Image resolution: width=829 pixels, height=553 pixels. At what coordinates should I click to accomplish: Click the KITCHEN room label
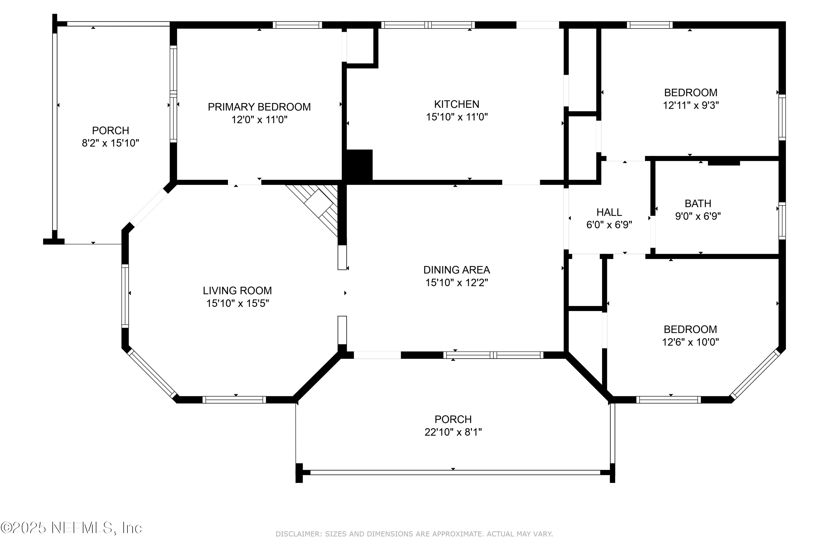point(457,105)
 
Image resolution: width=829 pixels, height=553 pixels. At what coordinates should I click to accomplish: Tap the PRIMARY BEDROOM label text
point(259,107)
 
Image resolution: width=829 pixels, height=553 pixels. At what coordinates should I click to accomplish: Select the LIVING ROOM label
point(237,291)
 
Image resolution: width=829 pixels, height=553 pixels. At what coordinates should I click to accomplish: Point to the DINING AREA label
point(457,270)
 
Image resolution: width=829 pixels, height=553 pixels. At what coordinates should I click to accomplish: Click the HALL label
point(609,212)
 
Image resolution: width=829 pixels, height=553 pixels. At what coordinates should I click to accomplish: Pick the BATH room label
point(698,204)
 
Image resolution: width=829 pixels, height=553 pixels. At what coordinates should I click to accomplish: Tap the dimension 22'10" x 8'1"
point(453,432)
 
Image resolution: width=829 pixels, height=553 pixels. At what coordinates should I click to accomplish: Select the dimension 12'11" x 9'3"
point(691,105)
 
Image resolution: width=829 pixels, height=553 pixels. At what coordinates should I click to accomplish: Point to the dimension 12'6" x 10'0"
point(690,342)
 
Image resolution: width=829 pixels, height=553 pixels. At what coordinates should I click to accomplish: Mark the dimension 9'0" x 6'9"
point(698,216)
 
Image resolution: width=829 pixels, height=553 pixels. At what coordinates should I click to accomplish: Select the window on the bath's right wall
point(782,221)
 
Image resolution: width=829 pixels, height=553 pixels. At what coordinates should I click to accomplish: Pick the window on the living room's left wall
point(125,296)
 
